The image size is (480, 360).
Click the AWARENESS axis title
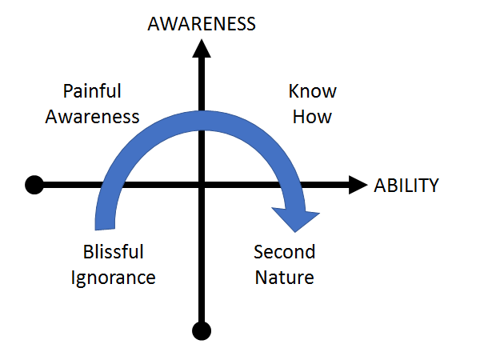[x=202, y=24]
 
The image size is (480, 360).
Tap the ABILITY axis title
[x=406, y=186]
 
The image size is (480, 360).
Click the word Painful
[x=92, y=91]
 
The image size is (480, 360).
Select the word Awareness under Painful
[x=92, y=117]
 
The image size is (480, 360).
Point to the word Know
[x=313, y=91]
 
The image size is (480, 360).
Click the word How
[x=312, y=117]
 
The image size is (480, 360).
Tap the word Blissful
[x=114, y=252]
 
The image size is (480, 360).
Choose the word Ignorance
[x=114, y=278]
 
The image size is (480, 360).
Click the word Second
[x=284, y=252]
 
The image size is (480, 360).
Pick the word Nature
[x=284, y=278]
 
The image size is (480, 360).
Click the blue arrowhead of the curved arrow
[x=296, y=218]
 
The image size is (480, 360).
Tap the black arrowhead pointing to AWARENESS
[x=202, y=48]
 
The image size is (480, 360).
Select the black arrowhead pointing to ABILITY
[x=358, y=185]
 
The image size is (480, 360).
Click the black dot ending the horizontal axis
[x=34, y=185]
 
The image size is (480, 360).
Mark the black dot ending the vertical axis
[x=202, y=331]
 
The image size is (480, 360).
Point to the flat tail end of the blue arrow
[x=105, y=229]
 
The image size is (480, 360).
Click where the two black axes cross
[x=202, y=185]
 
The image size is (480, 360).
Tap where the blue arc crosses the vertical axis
[x=202, y=121]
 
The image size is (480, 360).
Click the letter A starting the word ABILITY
[x=379, y=186]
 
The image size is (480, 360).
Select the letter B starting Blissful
[x=88, y=252]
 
